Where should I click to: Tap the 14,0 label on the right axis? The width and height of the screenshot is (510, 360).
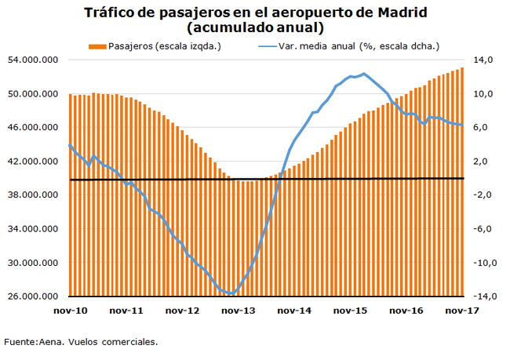pos(482,60)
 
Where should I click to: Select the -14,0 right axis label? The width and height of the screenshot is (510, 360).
pos(480,296)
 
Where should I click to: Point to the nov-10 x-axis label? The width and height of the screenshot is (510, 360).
pos(71,311)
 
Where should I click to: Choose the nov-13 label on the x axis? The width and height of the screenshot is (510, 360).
pos(239,311)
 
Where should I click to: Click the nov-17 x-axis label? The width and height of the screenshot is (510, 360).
pos(464,311)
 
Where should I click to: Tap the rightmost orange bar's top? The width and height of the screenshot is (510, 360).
pos(462,68)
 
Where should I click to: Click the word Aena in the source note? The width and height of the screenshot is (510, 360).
pos(51,342)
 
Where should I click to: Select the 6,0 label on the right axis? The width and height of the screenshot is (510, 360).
pos(482,128)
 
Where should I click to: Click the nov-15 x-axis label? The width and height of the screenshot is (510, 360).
pos(351,311)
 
